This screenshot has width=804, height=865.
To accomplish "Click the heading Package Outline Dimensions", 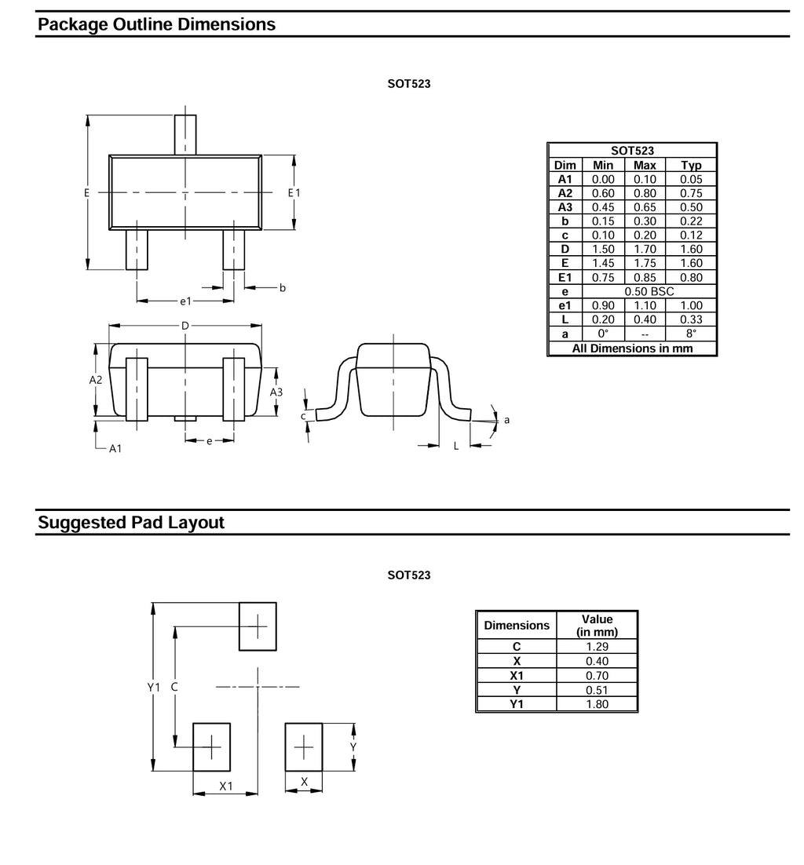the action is tap(156, 24).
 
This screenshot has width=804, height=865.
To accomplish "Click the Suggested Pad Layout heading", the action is tap(131, 522).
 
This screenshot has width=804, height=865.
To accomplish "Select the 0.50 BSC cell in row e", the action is tap(649, 291).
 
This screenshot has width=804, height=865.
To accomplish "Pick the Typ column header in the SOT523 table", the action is tap(691, 165).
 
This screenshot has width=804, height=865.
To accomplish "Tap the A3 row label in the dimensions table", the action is tap(565, 207).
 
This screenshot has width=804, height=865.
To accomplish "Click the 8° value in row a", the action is tap(691, 333).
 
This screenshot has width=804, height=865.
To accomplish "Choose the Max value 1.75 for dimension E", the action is tap(645, 263).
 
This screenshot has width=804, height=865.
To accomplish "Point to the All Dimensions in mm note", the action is tap(632, 348).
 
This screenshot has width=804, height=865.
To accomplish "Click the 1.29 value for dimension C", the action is tap(597, 647).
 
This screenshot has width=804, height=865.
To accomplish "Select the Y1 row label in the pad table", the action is tap(516, 704).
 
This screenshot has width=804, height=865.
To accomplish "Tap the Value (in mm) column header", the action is tap(597, 626).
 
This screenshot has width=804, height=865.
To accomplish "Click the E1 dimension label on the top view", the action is tap(294, 192).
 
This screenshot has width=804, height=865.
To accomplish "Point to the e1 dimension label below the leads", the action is tap(185, 301).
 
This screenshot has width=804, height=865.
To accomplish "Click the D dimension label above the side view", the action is tap(185, 326).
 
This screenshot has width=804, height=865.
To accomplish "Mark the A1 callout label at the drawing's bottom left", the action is tap(115, 448).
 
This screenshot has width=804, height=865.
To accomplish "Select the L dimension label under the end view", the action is tap(456, 446).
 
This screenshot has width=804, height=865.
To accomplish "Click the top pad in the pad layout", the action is tap(258, 626).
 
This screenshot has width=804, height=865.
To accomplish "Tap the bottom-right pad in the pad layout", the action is tap(304, 747).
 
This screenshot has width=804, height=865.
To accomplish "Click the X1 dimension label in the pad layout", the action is tap(225, 786).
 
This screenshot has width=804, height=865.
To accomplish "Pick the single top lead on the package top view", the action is tap(185, 134).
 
